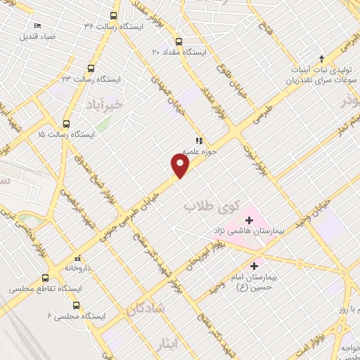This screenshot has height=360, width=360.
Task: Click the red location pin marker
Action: point(181,165)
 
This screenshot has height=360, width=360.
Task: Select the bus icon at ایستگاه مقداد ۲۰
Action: point(179,41)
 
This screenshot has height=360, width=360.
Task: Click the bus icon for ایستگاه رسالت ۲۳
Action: point(91,68)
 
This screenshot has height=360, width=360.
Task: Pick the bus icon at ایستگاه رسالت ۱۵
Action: point(67,122)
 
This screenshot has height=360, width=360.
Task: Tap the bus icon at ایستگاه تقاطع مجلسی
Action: point(46,277)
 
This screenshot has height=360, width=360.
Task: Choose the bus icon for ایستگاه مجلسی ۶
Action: point(77,305)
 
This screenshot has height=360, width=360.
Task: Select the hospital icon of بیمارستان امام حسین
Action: point(254,266)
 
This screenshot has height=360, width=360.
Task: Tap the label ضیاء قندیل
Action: point(37,34)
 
